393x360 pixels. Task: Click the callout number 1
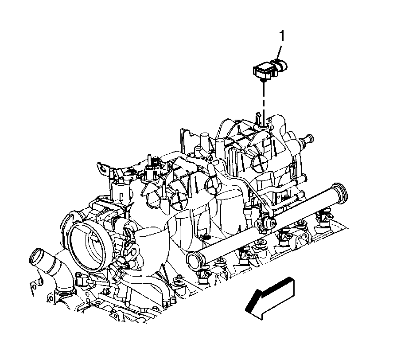282,36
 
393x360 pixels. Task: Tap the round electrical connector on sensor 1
281,65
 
